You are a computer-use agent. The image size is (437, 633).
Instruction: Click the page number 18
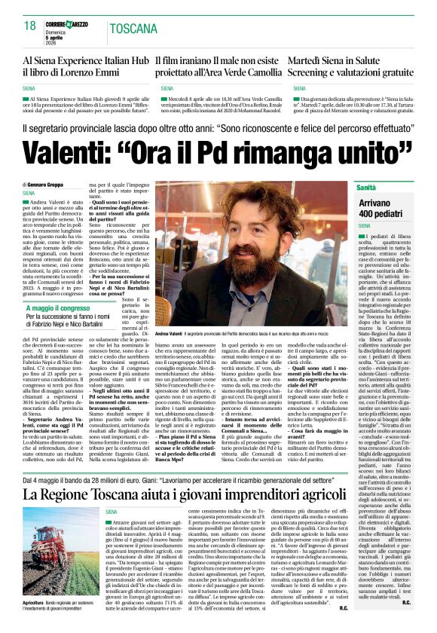(30, 26)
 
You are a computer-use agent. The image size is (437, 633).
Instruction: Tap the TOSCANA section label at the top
(135, 29)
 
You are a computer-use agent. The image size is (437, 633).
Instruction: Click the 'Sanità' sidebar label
(366, 186)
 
